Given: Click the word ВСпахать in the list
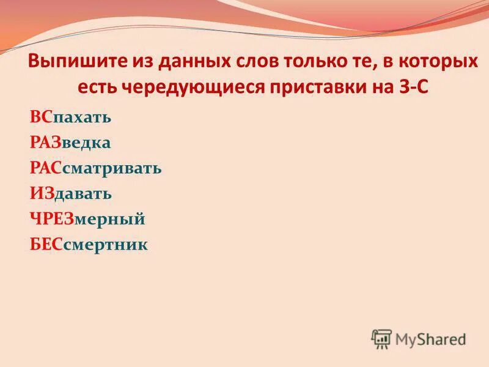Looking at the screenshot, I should (70, 116).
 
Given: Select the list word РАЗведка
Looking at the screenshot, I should (70, 142).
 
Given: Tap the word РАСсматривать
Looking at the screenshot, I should (96, 168).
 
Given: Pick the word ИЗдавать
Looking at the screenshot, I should (71, 193).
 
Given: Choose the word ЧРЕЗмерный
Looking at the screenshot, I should (87, 219).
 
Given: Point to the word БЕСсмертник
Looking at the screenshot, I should (89, 245).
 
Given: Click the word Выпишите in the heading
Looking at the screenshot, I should (72, 63).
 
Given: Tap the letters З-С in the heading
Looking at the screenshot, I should (413, 86).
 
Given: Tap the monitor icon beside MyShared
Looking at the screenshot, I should (381, 338).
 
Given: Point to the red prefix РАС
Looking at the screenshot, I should (45, 168).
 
